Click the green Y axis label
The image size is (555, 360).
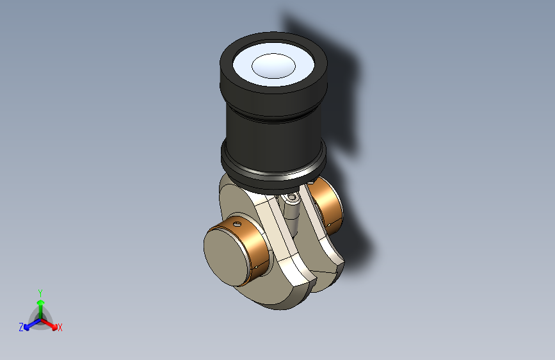(40, 293)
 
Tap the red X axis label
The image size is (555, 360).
(60, 327)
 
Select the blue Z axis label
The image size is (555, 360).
(21, 327)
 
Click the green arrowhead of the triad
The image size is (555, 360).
(41, 302)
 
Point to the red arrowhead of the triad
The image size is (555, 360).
(54, 327)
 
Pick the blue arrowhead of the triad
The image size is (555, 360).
(28, 327)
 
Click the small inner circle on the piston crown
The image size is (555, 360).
(273, 66)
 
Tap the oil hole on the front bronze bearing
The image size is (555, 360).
(237, 224)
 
